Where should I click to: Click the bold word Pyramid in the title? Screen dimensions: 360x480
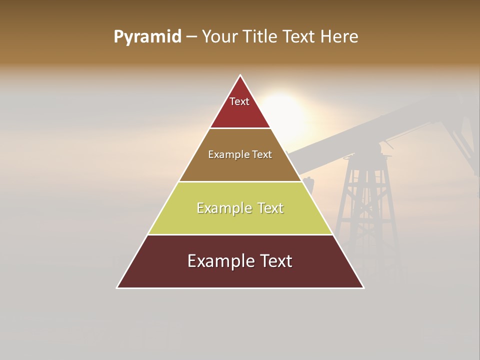[147, 37]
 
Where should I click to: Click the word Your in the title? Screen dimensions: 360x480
[219, 36]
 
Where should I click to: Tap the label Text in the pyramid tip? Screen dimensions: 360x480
[239, 101]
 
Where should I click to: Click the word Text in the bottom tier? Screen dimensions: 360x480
[274, 261]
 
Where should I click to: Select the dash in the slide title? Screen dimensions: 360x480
[191, 37]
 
